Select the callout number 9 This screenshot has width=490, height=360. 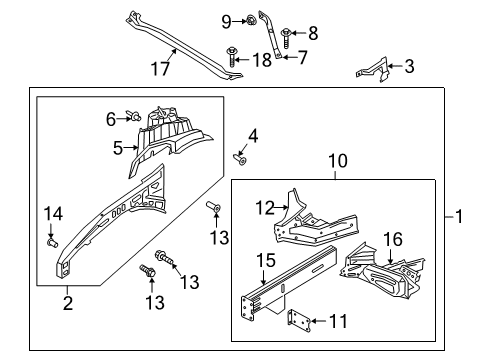pos(226,20)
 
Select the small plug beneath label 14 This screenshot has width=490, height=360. pos(52,240)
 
